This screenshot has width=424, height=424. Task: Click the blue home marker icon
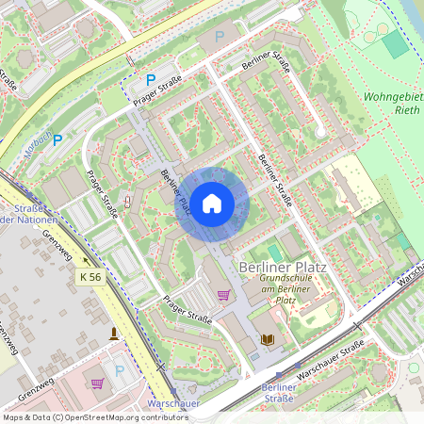tap(211, 203)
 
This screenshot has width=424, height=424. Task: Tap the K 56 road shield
tap(90, 277)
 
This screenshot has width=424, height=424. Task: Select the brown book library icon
tap(268, 339)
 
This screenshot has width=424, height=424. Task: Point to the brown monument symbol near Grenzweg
tap(115, 334)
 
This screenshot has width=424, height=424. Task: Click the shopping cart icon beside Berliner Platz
tap(223, 296)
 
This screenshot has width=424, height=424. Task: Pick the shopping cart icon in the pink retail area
tap(97, 383)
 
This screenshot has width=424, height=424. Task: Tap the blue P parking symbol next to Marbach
tap(57, 140)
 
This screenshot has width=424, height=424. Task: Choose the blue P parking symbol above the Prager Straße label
tap(150, 81)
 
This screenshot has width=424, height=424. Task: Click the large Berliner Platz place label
tap(284, 267)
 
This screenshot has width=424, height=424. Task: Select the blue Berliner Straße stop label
tap(280, 393)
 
